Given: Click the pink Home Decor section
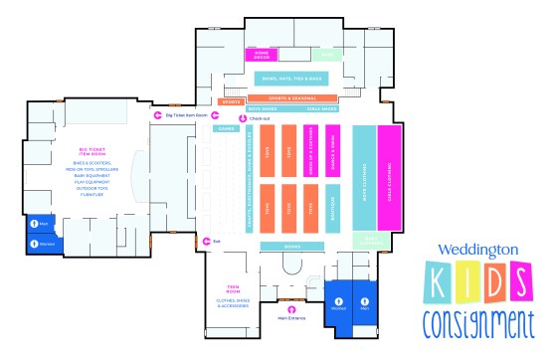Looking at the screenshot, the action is (x=264, y=56).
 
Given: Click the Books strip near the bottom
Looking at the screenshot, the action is (x=292, y=247).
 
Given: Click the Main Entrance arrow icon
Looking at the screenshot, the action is (x=288, y=306).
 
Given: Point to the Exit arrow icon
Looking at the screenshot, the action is (x=204, y=241).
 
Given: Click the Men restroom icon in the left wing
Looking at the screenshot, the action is (x=33, y=223).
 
